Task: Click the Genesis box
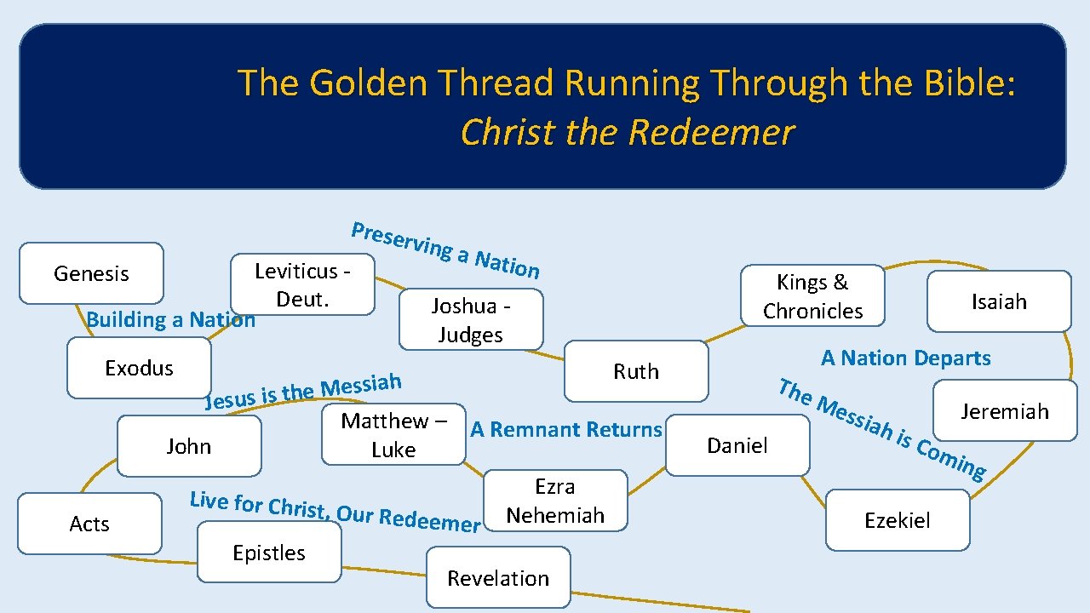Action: click(x=91, y=273)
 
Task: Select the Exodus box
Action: click(x=139, y=368)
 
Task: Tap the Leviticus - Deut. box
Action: click(x=303, y=285)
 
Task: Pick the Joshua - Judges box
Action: click(x=471, y=320)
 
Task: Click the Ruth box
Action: click(x=636, y=371)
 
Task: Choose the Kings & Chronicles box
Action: click(x=812, y=296)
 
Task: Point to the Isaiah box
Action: click(x=999, y=301)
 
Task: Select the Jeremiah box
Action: click(x=1005, y=411)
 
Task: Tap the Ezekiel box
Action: click(x=898, y=520)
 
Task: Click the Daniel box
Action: click(x=737, y=445)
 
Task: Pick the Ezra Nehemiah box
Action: click(x=555, y=501)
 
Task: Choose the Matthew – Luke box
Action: click(x=393, y=435)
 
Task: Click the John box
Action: click(x=189, y=446)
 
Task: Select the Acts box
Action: click(x=89, y=524)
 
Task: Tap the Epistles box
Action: click(x=269, y=553)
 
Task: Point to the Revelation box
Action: click(x=498, y=578)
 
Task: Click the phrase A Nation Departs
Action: click(x=905, y=358)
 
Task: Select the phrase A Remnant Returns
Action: click(x=566, y=430)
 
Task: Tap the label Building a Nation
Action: click(x=170, y=320)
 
